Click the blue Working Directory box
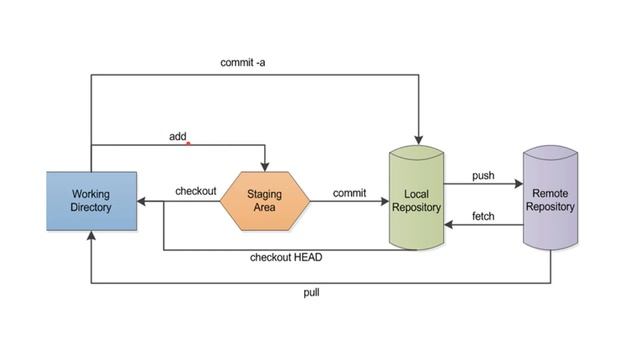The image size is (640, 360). (91, 200)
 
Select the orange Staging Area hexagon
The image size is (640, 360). (265, 200)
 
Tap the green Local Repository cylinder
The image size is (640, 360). (417, 197)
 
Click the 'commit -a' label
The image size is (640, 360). (243, 62)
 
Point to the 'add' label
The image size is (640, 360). (177, 136)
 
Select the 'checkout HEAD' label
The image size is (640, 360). (286, 257)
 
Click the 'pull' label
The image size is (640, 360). (312, 293)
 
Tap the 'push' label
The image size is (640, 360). (483, 175)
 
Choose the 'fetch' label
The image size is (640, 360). (484, 216)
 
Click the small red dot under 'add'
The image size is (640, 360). (187, 143)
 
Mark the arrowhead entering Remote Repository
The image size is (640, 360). (519, 185)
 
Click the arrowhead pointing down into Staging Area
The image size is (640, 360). (265, 166)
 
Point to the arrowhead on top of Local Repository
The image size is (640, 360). (418, 141)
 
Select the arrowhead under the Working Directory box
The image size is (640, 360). (91, 235)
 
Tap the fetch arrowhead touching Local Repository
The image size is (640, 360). (450, 225)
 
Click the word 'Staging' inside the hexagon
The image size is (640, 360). (265, 193)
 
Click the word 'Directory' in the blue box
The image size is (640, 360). (91, 207)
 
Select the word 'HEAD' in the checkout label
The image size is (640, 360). (307, 257)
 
